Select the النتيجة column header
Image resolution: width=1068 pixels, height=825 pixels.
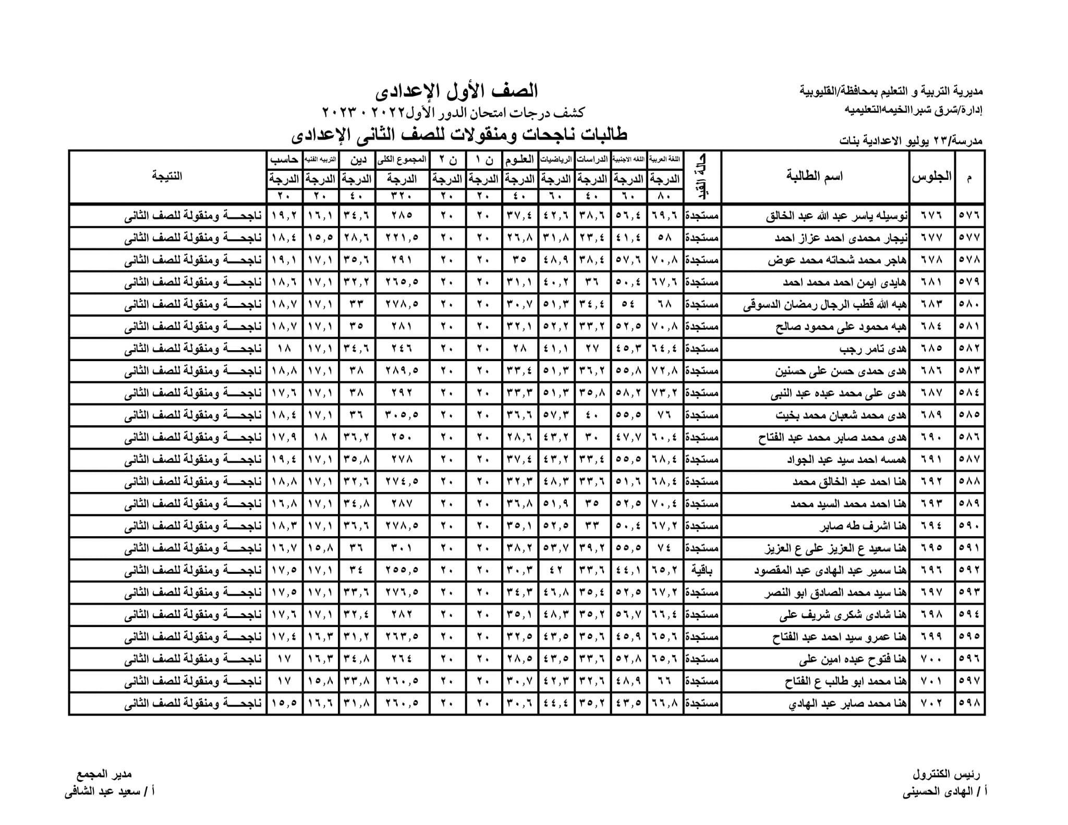[x=167, y=176]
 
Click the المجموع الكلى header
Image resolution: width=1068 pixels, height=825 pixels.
[x=402, y=159]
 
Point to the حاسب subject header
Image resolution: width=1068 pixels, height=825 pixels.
[x=285, y=159]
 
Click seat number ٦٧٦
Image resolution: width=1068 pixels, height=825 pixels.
[x=932, y=215]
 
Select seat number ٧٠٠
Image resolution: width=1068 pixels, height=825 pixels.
[x=932, y=659]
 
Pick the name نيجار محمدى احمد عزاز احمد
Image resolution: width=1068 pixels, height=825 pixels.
[x=840, y=238]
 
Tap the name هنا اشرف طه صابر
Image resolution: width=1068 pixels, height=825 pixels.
[x=864, y=526]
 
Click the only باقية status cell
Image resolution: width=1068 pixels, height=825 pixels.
[x=702, y=570]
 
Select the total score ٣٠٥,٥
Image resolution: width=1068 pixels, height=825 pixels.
[x=402, y=415]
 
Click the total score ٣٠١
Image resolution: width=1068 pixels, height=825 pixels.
[x=402, y=548]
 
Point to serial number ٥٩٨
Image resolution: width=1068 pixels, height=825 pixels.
[x=969, y=703]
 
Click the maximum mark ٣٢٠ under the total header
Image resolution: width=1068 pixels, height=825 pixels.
[x=402, y=196]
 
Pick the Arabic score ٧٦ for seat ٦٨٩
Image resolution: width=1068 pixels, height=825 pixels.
[x=665, y=415]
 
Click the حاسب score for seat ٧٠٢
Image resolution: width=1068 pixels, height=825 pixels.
[x=285, y=703]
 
